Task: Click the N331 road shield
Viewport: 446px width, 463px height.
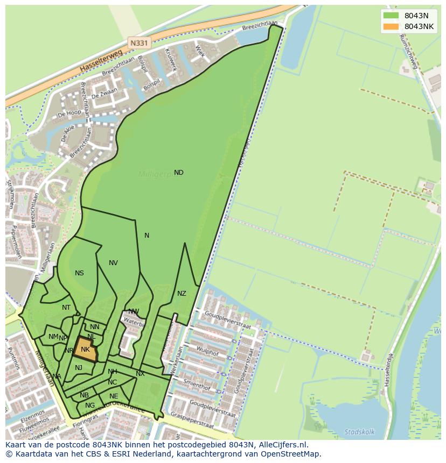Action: [x=139, y=41]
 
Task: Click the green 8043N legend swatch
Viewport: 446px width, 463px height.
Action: [x=391, y=16]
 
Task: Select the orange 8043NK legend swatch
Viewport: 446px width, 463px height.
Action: [x=391, y=26]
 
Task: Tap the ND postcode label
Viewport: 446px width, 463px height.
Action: [x=178, y=173]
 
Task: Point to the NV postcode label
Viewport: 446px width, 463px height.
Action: [x=113, y=263]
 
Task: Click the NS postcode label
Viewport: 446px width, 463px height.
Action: [x=79, y=273]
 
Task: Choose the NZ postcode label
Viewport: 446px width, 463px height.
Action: [x=182, y=294]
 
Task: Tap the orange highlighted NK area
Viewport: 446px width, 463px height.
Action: [x=85, y=350]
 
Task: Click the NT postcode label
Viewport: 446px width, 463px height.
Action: [x=66, y=308]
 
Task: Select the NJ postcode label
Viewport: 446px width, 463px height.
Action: [x=79, y=368]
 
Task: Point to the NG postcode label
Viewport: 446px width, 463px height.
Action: [x=90, y=405]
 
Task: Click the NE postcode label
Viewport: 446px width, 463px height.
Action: [x=114, y=396]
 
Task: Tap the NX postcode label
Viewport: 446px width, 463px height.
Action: [x=140, y=374]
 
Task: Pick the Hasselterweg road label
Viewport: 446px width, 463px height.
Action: [x=101, y=60]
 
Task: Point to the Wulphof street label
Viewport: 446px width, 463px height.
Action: [x=207, y=352]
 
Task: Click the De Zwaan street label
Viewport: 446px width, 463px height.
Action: [x=103, y=95]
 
